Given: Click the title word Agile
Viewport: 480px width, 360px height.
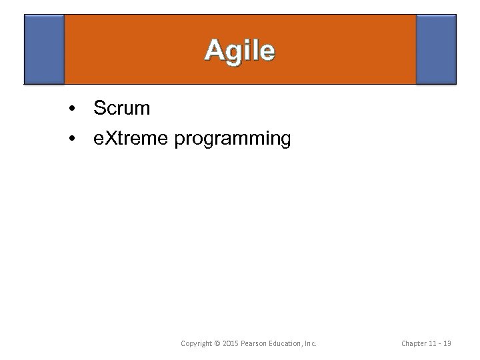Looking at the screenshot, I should click(239, 51).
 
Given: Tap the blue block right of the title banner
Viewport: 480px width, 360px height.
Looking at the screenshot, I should click(436, 49).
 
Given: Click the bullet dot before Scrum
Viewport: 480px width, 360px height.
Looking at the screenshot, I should click(71, 107).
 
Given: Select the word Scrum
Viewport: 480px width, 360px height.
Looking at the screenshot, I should click(122, 107).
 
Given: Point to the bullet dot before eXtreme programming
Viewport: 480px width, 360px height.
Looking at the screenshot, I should click(71, 139).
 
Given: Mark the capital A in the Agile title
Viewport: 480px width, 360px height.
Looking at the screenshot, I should click(214, 51).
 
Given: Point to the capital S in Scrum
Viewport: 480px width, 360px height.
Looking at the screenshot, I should click(100, 107).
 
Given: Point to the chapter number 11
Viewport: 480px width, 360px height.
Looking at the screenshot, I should click(436, 343).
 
